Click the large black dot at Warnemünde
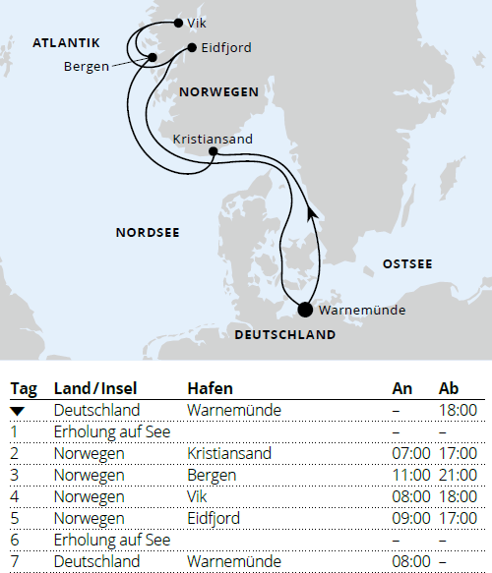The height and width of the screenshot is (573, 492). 305,311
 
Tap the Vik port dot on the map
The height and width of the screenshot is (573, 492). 177,22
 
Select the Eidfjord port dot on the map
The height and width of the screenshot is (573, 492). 191,46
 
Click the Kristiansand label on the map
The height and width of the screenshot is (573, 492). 212,140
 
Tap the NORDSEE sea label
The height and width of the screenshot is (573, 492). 149,233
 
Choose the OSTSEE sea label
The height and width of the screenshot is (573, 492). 406,263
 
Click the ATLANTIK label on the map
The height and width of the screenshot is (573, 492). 66,43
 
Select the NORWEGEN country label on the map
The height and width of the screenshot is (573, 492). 219,92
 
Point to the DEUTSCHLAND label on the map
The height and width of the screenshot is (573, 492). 284,335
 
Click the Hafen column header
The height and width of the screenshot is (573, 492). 210,388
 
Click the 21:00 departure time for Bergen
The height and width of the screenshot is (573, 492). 456,475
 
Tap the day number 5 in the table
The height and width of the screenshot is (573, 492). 15,518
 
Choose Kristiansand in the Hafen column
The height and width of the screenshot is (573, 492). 228,453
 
